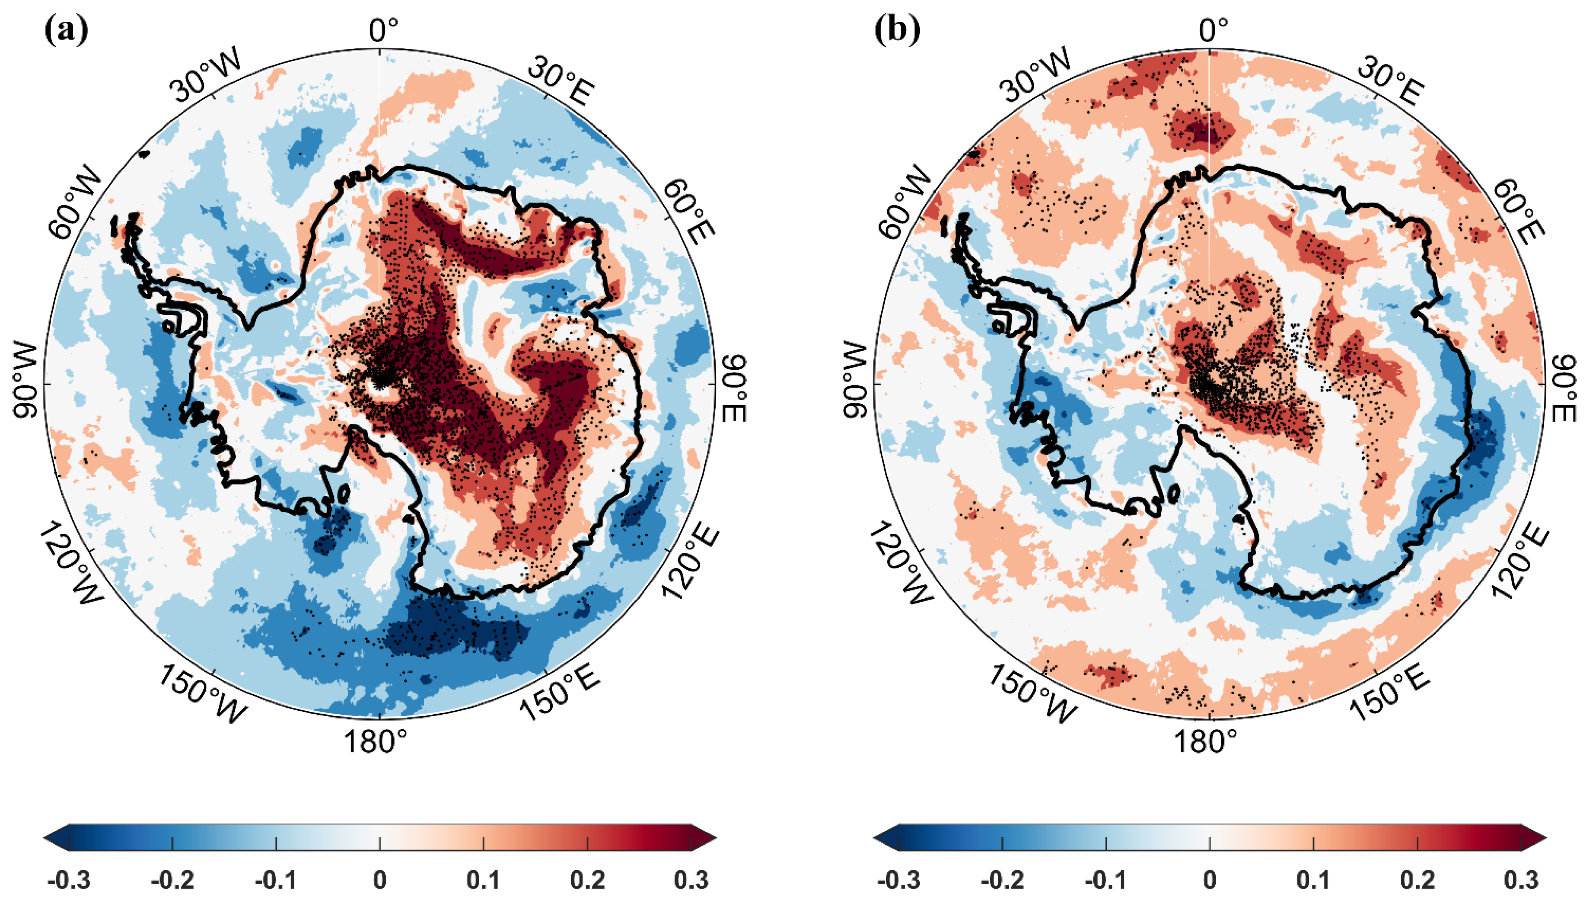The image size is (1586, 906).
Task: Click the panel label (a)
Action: tap(66, 30)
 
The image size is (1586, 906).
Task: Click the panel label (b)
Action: tap(897, 30)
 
